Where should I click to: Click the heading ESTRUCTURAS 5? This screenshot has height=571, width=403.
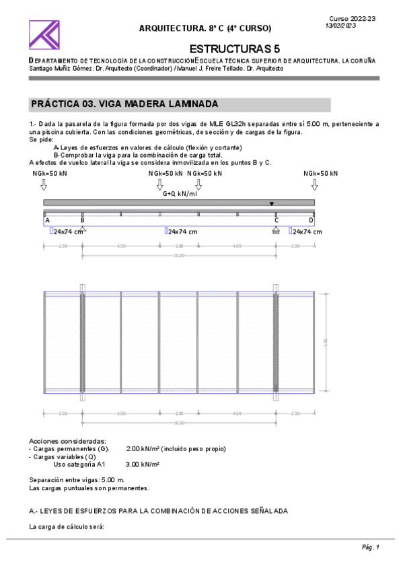pyautogui.click(x=235, y=49)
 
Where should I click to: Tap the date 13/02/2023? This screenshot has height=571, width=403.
pyautogui.click(x=340, y=26)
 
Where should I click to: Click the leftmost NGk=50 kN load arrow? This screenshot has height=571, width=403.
pyautogui.click(x=44, y=184)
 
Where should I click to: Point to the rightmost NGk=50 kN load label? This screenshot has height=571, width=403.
pyautogui.click(x=320, y=174)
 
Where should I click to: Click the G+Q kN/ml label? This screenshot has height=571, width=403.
pyautogui.click(x=180, y=193)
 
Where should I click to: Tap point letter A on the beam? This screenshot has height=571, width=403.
pyautogui.click(x=47, y=220)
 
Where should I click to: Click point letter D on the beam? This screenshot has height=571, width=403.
pyautogui.click(x=311, y=220)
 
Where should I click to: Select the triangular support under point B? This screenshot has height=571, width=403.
pyautogui.click(x=82, y=230)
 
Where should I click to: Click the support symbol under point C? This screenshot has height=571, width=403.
pyautogui.click(x=276, y=230)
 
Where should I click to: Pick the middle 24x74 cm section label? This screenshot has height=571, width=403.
pyautogui.click(x=182, y=232)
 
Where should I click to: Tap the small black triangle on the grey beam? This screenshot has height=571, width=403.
pyautogui.click(x=272, y=203)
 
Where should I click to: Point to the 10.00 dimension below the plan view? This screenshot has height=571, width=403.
pyautogui.click(x=179, y=423)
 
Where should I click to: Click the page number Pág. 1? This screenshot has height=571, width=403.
pyautogui.click(x=371, y=547)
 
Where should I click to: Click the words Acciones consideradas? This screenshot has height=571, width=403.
pyautogui.click(x=67, y=441)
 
